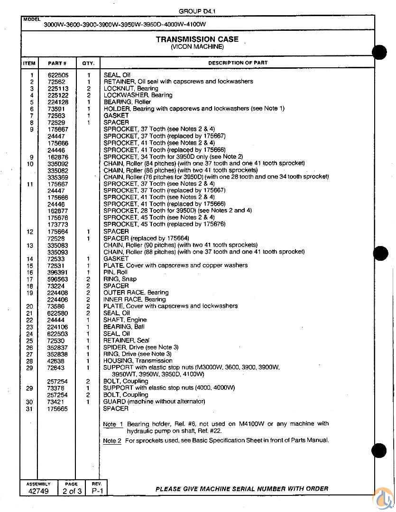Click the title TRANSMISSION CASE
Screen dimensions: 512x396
[197, 39]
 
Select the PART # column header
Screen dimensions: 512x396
[57, 63]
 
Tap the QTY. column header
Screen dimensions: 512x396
[88, 63]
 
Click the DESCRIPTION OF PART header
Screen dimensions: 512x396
[238, 63]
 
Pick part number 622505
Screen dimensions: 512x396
[58, 75]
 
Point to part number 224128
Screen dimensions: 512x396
[58, 102]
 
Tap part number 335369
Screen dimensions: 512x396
[58, 177]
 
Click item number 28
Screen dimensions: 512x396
[30, 361]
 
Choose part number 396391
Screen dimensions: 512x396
[58, 273]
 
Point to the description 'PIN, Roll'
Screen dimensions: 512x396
[116, 272]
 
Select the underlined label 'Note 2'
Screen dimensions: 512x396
[112, 441]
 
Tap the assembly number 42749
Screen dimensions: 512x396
[38, 491]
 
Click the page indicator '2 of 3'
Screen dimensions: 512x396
[71, 491]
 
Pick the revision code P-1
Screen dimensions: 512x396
[97, 491]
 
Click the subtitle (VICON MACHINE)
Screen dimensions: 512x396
[197, 47]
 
